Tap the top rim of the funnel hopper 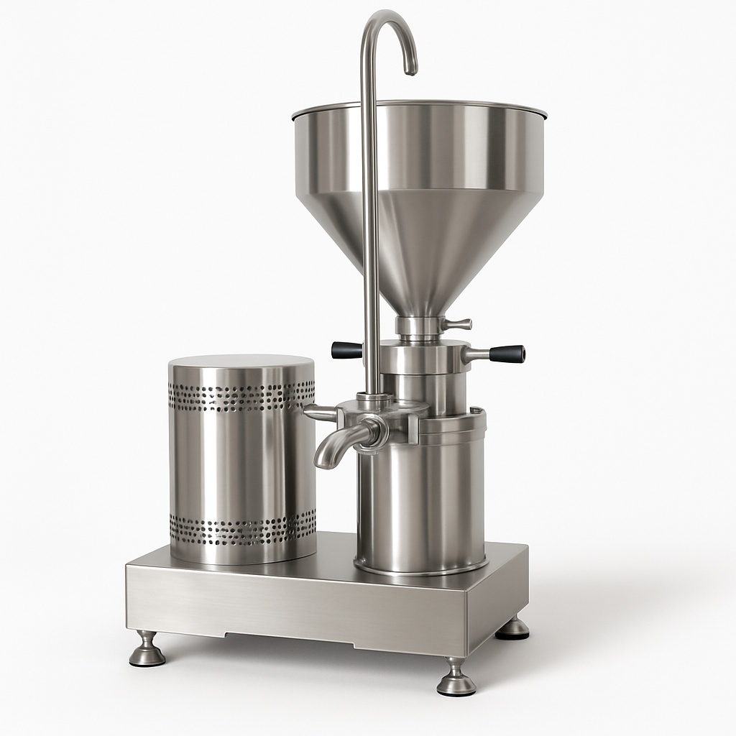(x=420, y=106)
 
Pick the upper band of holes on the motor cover (x=241, y=397)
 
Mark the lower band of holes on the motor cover (x=241, y=530)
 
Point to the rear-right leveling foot (x=514, y=629)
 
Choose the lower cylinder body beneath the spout (x=420, y=503)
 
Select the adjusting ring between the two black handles (x=424, y=356)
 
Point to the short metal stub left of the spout (x=319, y=413)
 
